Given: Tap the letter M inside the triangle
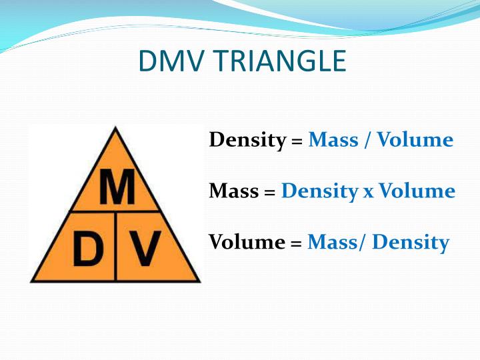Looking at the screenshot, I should click(x=117, y=189).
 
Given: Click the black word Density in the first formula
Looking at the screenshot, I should click(x=247, y=141).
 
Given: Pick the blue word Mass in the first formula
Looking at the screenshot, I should click(x=333, y=140).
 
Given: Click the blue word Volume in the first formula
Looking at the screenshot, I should click(x=415, y=140).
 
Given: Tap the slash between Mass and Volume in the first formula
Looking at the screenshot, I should click(x=367, y=141).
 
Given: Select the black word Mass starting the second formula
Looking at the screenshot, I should click(x=233, y=191).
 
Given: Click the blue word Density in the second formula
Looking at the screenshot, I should click(x=319, y=192).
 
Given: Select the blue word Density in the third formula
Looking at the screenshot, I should click(x=411, y=243).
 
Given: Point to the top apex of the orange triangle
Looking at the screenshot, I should click(x=117, y=128).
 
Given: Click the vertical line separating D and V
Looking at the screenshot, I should click(x=116, y=247).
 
